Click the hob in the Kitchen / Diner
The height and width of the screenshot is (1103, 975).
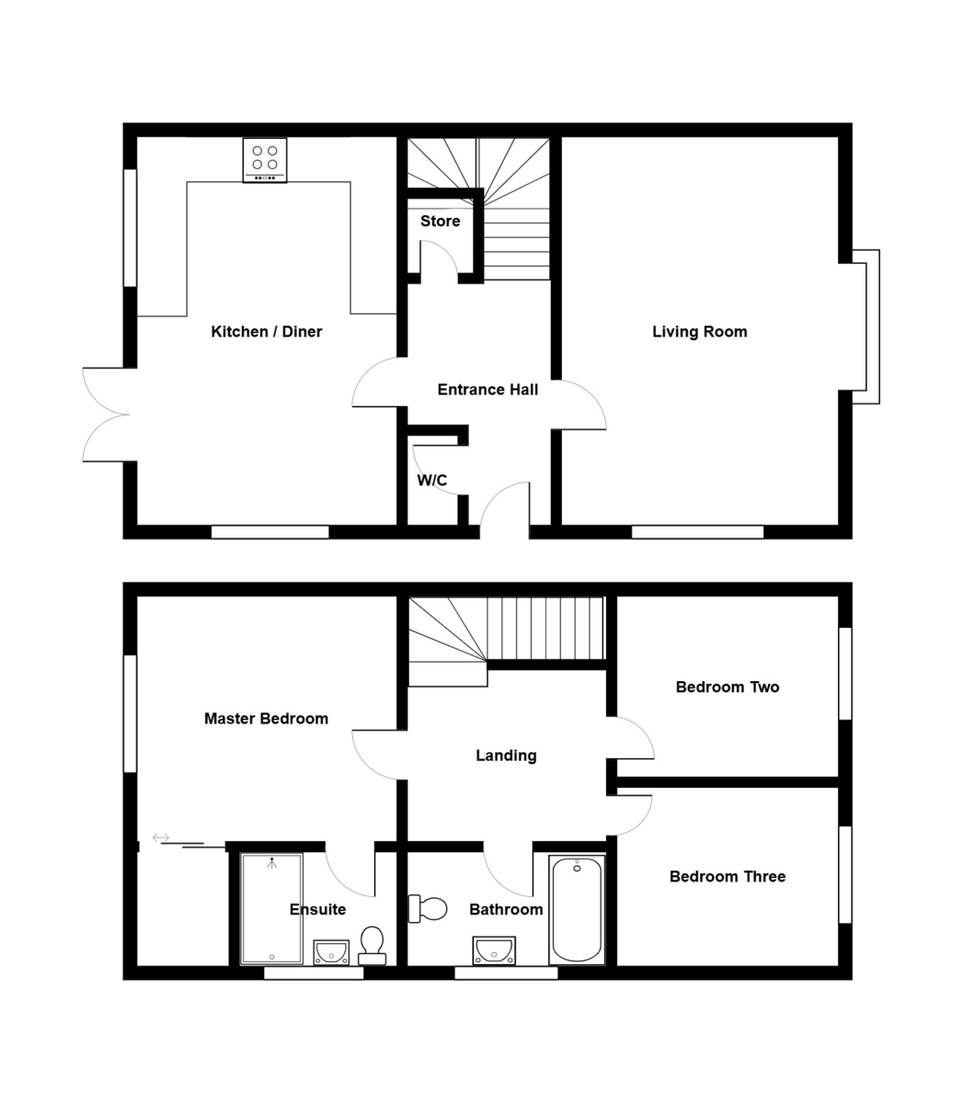click(265, 160)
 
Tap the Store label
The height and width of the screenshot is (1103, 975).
click(440, 222)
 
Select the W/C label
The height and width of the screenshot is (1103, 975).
click(432, 481)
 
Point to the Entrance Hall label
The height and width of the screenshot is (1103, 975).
click(487, 390)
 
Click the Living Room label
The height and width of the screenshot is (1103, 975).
click(699, 332)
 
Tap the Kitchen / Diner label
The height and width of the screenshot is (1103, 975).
click(267, 332)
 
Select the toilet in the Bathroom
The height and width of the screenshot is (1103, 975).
click(428, 909)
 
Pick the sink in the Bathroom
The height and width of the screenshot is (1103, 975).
click(494, 950)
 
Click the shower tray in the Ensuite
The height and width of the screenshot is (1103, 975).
click(271, 909)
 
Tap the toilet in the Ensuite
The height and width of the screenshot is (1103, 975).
click(373, 945)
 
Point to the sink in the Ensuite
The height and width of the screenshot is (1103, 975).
click(331, 952)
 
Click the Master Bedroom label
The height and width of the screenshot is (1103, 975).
click(266, 719)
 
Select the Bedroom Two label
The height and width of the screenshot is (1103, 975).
click(727, 688)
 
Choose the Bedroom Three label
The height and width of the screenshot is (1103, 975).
click(727, 877)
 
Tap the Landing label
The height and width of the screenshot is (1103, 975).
click(506, 756)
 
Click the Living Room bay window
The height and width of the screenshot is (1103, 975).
click(866, 327)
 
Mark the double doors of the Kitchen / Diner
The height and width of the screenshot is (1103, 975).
click(106, 414)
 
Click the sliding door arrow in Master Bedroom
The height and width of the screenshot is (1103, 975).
click(161, 837)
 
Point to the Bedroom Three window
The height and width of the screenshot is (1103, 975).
click(844, 874)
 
